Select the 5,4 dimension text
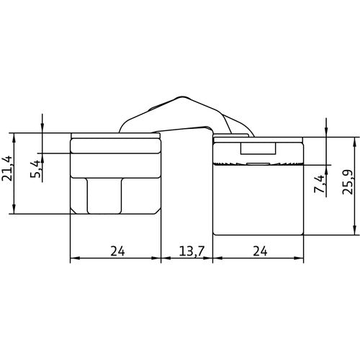[x=34, y=171]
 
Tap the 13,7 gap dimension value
[x=187, y=252]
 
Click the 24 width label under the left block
[x=115, y=252]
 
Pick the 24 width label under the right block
[x=258, y=252]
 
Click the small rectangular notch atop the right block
[x=258, y=149]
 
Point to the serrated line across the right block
[x=258, y=165]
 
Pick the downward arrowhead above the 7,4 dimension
[x=328, y=132]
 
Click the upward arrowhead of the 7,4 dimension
[x=328, y=171]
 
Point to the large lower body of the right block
[x=258, y=202]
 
